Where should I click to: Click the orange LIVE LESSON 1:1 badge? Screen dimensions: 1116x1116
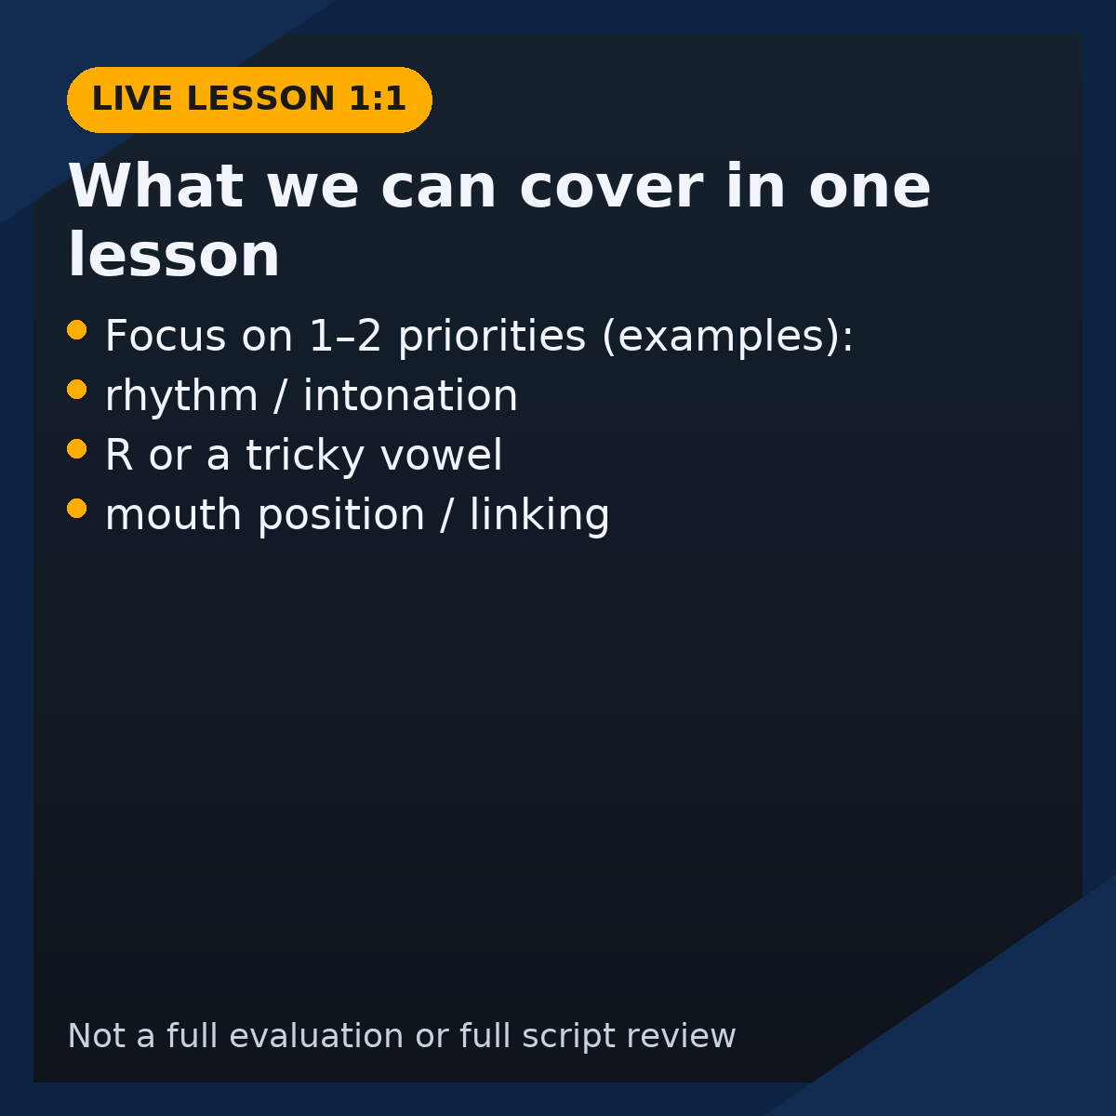click(x=249, y=100)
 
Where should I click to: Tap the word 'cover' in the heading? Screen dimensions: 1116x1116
click(x=612, y=187)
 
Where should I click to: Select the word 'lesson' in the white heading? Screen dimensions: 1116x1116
click(x=174, y=255)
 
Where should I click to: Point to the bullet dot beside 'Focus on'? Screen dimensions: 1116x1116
click(x=77, y=330)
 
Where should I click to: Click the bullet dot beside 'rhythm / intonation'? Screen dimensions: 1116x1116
click(x=77, y=389)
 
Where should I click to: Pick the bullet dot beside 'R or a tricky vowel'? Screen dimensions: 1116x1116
click(x=77, y=449)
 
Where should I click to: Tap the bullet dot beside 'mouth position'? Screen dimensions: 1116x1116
click(x=77, y=509)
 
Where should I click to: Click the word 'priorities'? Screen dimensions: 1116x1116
click(x=492, y=337)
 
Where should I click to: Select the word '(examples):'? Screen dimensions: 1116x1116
click(x=728, y=336)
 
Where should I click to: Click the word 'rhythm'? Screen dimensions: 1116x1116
click(x=181, y=396)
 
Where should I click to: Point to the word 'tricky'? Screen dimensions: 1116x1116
click(x=305, y=457)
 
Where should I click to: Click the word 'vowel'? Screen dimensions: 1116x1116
click(x=442, y=455)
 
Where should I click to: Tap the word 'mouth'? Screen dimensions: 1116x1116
click(x=173, y=515)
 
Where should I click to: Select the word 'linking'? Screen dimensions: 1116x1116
click(x=539, y=515)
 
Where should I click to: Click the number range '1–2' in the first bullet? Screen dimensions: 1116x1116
click(x=345, y=336)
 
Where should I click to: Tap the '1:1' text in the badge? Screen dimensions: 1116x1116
click(x=377, y=98)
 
